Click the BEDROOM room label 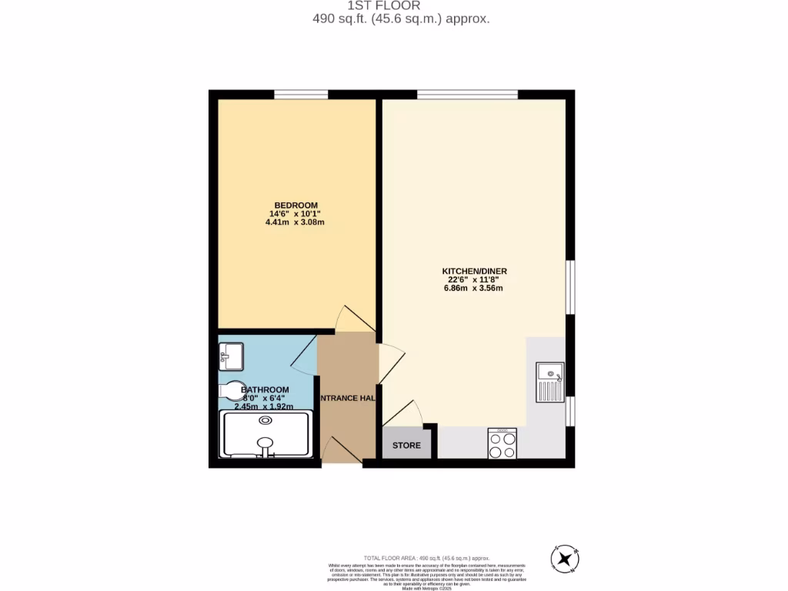click(296, 205)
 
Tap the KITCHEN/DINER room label click(474, 272)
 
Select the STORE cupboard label click(406, 446)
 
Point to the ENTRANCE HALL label click(347, 398)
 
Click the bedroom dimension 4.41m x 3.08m click(296, 222)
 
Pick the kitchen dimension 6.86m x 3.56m click(473, 289)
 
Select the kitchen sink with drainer click(550, 382)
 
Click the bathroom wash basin click(230, 355)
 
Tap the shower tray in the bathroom click(265, 434)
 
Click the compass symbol click(566, 558)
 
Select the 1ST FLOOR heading click(395, 5)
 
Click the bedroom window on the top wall click(301, 95)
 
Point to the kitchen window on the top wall click(467, 95)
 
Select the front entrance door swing click(339, 449)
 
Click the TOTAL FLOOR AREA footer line click(426, 557)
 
